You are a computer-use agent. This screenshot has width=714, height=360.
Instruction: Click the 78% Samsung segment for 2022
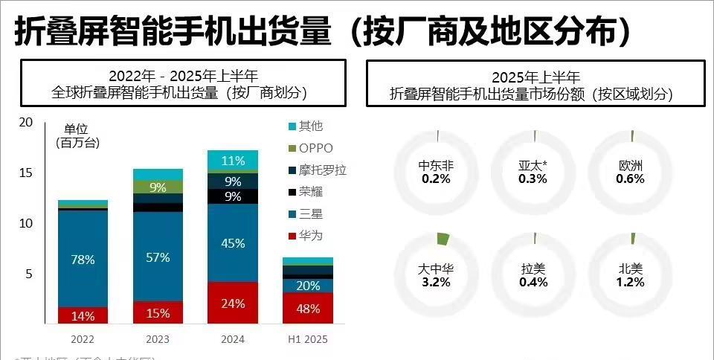click(83, 260)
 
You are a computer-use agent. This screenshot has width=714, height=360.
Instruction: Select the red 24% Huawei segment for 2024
click(233, 303)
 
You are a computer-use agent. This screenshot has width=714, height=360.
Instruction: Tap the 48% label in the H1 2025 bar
click(308, 309)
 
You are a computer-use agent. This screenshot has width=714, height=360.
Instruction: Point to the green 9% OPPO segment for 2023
click(158, 187)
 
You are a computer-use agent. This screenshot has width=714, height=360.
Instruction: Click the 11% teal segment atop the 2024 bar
click(233, 161)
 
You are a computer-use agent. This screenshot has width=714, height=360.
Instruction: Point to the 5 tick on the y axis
click(29, 274)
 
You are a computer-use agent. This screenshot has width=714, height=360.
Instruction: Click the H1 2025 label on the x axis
click(308, 339)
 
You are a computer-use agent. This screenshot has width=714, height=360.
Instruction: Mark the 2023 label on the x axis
click(158, 339)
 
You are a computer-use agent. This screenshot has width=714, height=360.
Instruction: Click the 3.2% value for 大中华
click(437, 283)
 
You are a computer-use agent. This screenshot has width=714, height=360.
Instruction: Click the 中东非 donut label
click(437, 166)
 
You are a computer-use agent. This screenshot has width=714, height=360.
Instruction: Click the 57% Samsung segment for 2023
click(158, 257)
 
